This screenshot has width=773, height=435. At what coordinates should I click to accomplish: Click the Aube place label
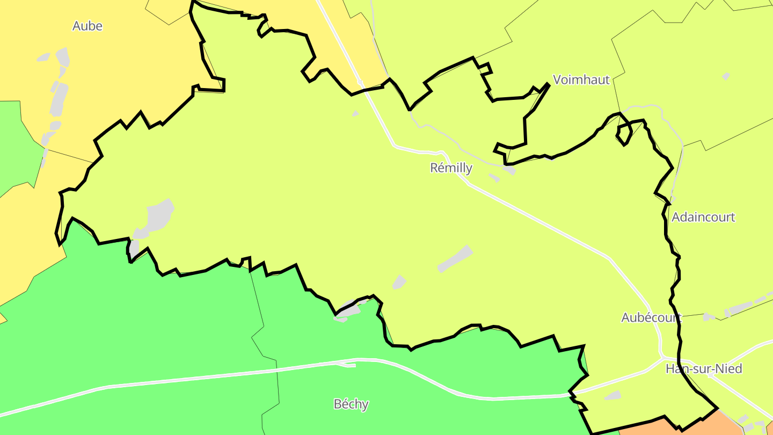tap(87, 26)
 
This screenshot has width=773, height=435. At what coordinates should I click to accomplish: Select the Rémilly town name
tap(451, 168)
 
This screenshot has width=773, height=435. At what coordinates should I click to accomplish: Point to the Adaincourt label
tap(703, 218)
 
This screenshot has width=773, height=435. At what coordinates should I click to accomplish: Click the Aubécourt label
tap(651, 317)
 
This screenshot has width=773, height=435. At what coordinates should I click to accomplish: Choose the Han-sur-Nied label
tap(704, 369)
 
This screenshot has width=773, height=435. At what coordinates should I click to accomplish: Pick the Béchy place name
tap(351, 404)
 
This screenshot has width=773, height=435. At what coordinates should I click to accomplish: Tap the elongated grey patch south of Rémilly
tap(455, 259)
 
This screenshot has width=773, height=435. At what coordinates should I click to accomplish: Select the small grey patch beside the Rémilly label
tap(509, 170)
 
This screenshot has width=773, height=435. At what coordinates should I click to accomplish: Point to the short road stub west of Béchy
tap(346, 365)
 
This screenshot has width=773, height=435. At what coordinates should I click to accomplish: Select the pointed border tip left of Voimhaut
tap(548, 84)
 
